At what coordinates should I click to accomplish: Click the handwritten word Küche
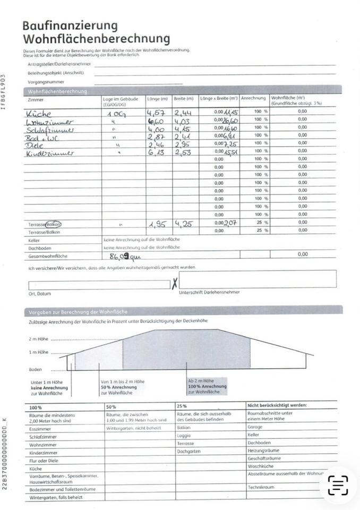coord(39,113)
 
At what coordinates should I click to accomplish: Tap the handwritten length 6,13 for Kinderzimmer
coord(157,153)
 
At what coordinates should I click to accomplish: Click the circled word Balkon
coord(53,224)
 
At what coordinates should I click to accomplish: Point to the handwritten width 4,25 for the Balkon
coord(183,224)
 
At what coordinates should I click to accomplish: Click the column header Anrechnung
coord(253,99)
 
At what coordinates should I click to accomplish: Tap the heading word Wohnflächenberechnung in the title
coord(96,39)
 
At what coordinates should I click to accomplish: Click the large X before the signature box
coord(174,284)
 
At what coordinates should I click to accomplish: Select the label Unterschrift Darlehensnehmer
coord(209,292)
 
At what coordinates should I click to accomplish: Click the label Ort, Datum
coord(40,293)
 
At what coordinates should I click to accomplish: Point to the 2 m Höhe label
coord(38,338)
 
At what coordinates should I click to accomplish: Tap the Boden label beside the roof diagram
coord(36,369)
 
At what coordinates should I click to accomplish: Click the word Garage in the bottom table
coord(255,427)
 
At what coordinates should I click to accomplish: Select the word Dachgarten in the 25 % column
coord(189,451)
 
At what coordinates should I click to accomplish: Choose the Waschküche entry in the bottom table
coord(261,465)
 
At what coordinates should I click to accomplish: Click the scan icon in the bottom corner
coord(338,485)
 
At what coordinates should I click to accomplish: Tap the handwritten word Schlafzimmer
coord(51,130)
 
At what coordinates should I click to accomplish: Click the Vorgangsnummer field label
coord(46,82)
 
